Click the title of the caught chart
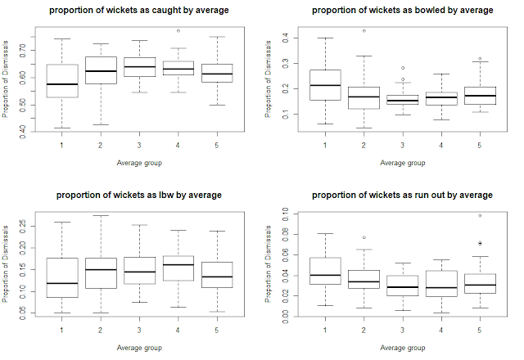(x=138, y=10)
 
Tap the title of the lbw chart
(x=138, y=196)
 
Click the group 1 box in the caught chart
(x=62, y=80)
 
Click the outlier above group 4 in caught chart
(x=178, y=30)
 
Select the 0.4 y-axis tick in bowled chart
(x=284, y=38)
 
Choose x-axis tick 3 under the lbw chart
(x=139, y=329)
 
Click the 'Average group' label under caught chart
(x=139, y=162)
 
